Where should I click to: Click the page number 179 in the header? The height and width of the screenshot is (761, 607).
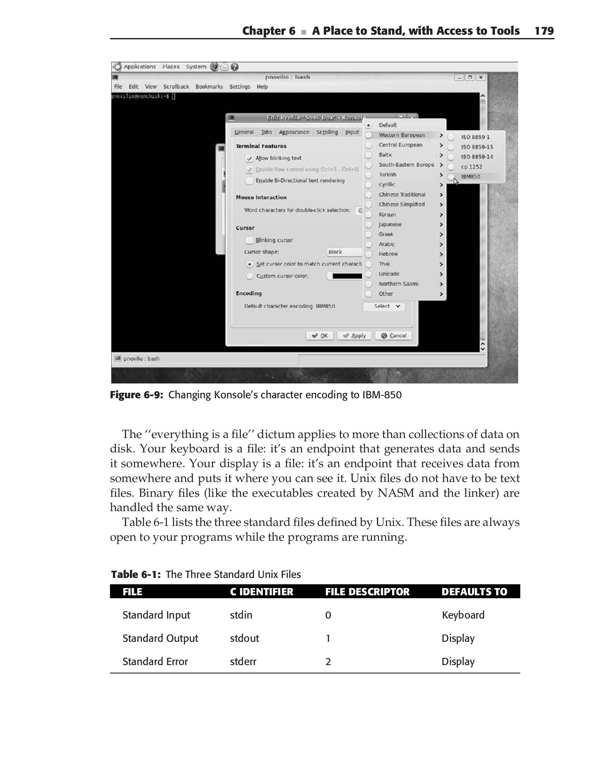tap(544, 31)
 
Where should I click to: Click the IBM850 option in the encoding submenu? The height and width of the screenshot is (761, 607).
tap(470, 177)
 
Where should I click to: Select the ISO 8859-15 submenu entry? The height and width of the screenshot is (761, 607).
tap(477, 147)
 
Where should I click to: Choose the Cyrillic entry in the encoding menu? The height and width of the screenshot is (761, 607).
tap(387, 185)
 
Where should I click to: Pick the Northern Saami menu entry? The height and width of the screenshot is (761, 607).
tap(398, 284)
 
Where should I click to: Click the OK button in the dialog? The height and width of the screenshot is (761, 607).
tap(320, 336)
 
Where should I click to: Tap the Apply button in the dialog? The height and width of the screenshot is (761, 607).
tap(354, 336)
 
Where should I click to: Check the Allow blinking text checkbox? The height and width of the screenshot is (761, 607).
tap(250, 159)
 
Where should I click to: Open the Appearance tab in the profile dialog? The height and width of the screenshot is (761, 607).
tap(294, 132)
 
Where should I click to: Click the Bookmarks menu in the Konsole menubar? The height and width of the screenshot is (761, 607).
tap(209, 87)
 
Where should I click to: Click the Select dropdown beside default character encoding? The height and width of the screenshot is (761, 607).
tap(384, 307)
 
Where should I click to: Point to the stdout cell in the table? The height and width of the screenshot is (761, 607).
tap(244, 638)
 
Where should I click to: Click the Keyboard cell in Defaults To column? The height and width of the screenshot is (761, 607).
tap(463, 615)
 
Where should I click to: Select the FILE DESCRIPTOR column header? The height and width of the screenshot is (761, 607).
tap(367, 592)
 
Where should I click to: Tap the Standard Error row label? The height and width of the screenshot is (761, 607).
tap(155, 662)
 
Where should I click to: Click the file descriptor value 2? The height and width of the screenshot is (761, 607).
tap(328, 662)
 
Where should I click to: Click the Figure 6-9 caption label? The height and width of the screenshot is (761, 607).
tap(137, 395)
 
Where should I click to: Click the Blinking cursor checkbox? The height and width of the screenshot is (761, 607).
tap(250, 241)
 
